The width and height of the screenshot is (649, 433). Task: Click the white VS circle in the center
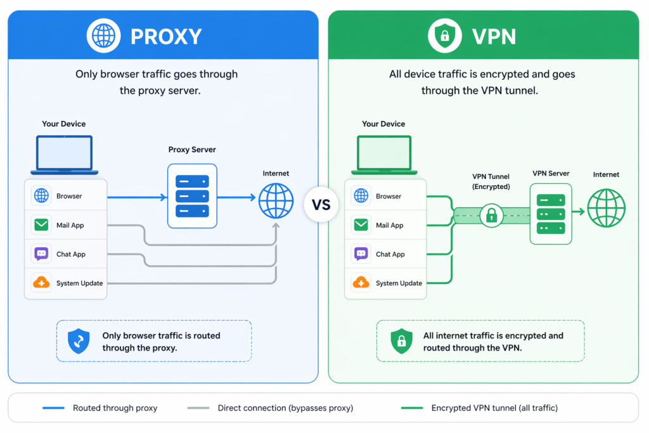321,205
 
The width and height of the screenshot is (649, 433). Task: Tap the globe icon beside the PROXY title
104,36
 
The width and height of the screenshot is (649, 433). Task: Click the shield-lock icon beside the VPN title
444,36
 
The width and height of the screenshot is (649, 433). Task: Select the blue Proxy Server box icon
192,196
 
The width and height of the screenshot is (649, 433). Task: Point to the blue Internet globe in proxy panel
276,201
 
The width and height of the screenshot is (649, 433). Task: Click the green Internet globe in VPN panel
606,208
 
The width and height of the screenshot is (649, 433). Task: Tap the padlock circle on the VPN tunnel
491,216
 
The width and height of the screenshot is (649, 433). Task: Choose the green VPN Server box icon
551,214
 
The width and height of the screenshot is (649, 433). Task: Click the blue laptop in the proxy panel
64,155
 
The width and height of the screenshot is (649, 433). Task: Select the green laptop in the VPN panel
384,155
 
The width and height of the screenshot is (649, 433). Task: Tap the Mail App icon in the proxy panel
42,225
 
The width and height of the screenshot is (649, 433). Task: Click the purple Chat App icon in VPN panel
361,254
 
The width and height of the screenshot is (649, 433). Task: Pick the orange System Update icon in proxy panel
42,283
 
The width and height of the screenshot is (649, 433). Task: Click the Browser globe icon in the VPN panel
361,196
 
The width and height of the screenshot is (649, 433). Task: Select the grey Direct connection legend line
198,408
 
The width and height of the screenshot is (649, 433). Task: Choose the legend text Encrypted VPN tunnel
495,408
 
